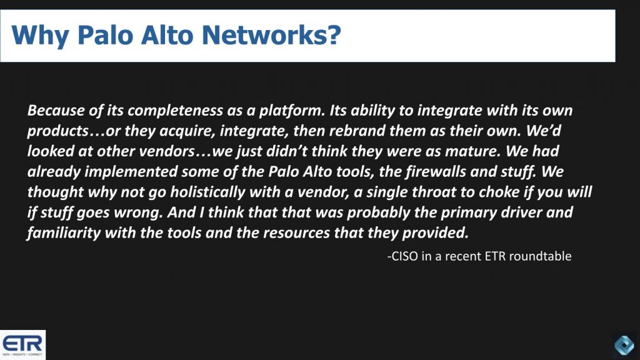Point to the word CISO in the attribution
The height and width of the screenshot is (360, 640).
[404, 256]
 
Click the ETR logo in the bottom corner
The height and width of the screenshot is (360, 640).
[22, 344]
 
